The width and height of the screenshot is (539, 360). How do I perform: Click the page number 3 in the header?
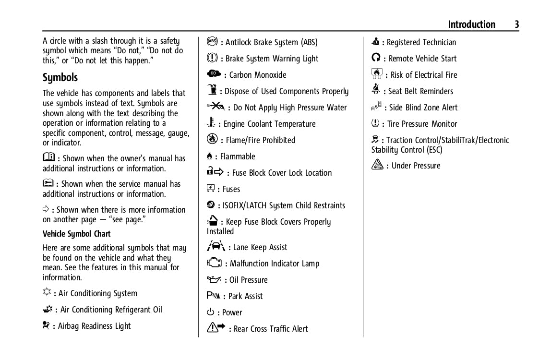516,24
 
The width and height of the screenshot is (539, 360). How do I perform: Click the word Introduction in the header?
471,24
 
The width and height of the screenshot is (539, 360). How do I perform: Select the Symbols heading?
60,77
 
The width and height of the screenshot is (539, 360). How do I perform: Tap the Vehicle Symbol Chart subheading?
77,234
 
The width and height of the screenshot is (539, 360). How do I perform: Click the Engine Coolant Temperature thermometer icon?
212,123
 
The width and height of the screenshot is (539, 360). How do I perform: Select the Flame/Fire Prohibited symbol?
212,140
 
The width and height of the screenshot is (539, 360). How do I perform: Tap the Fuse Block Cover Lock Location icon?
215,172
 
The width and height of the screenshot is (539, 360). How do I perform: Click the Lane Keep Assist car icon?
216,246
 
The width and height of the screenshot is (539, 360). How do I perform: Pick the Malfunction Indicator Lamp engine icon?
215,263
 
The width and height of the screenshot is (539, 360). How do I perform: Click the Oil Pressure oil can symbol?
214,279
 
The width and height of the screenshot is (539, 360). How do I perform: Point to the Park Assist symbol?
214,296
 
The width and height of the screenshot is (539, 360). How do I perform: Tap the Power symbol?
211,312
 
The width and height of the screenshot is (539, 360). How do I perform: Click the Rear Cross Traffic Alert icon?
216,328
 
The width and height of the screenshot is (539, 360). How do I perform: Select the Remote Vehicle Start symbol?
377,58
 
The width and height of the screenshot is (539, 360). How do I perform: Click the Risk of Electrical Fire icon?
377,74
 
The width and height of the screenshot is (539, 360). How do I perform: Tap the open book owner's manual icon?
48,157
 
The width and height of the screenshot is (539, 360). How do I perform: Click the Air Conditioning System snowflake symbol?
47,293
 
